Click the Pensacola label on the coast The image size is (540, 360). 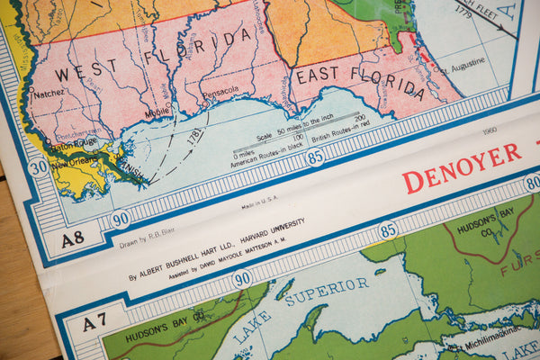[x=220, y=91]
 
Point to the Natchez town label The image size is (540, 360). [x=50, y=92]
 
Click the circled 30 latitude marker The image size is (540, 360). [x=38, y=167]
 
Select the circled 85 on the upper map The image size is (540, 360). [x=315, y=157]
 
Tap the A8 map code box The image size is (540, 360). [x=72, y=238]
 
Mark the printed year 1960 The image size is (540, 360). [x=490, y=130]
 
